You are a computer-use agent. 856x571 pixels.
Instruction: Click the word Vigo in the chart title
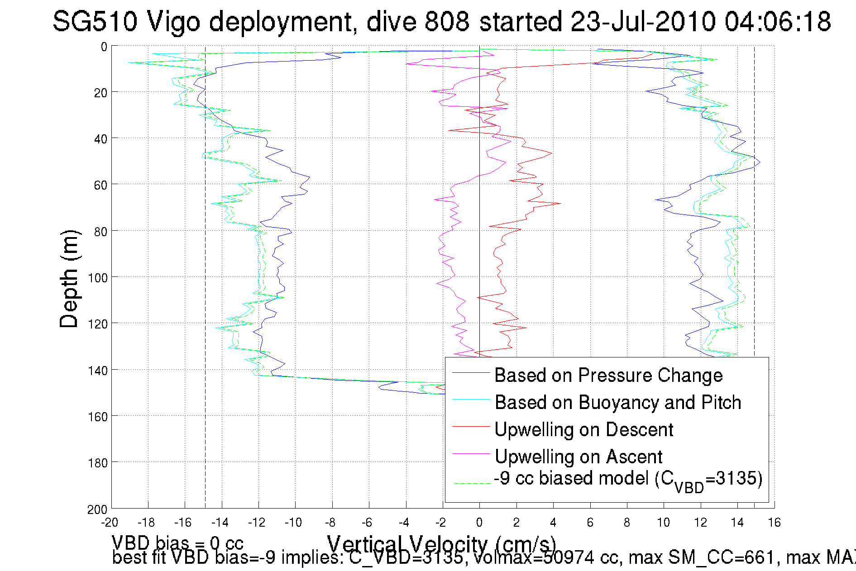(173, 22)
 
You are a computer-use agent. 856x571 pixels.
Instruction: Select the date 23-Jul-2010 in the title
(643, 22)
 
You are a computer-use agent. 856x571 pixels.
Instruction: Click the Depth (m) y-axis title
(69, 279)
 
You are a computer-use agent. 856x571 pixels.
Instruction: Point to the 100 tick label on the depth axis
(98, 278)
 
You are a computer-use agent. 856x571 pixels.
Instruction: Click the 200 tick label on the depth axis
(98, 509)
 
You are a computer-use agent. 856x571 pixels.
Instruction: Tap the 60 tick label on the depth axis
(100, 185)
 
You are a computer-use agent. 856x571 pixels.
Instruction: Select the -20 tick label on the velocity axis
(110, 523)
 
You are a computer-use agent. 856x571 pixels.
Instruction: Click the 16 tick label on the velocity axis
(774, 523)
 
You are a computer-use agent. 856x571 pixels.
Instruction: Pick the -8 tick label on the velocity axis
(330, 523)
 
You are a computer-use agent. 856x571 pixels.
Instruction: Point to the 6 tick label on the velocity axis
(590, 523)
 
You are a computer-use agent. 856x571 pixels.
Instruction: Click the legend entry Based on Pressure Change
(608, 376)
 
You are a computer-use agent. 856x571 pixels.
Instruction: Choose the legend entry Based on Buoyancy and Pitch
(618, 403)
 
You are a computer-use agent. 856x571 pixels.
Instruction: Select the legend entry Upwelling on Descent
(584, 430)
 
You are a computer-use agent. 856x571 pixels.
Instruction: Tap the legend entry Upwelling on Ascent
(579, 457)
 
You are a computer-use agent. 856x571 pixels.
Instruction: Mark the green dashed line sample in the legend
(471, 484)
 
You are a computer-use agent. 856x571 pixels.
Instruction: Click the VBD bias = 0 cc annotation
(177, 543)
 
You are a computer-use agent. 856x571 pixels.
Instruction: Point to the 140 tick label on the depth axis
(98, 371)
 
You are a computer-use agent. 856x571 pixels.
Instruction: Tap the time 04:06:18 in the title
(777, 22)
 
